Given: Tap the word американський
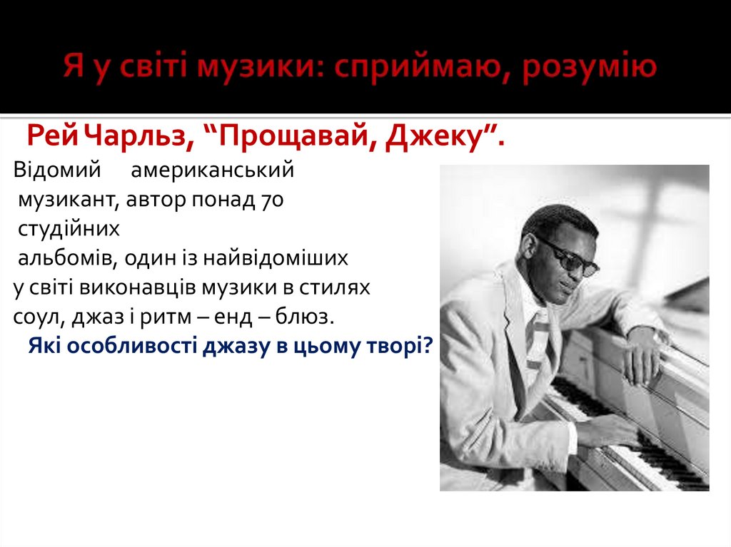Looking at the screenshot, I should (213, 171).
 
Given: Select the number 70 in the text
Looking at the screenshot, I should (272, 200).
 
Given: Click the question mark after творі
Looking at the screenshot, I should (428, 345).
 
